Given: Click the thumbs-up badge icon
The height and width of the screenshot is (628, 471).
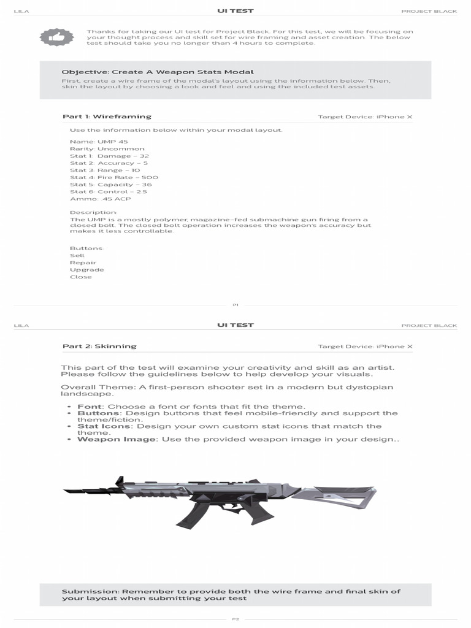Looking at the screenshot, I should (x=56, y=37).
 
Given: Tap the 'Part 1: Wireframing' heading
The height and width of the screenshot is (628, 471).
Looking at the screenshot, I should (x=107, y=117).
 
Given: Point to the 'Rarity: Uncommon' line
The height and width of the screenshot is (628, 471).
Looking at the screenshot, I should (x=107, y=149).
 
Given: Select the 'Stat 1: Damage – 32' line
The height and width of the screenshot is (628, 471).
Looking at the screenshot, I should (x=109, y=156).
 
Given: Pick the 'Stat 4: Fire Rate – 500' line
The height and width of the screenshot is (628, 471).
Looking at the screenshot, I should (x=113, y=177).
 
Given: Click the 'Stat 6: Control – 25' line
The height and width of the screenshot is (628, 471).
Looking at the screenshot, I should (x=109, y=191).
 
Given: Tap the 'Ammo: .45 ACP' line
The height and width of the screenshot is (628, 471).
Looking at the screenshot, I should (x=100, y=199).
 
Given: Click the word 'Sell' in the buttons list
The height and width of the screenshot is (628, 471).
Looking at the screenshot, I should (x=77, y=255).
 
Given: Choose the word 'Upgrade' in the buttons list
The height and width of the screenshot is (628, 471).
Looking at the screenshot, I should (x=87, y=270).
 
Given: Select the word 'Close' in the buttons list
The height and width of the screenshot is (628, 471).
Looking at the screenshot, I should (x=81, y=277).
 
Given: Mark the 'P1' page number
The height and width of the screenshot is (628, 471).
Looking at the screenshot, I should (x=235, y=305).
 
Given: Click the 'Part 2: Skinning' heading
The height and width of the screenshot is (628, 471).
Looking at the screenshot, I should (x=99, y=347).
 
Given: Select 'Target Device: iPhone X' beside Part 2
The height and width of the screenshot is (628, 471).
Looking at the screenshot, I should (x=365, y=347).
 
